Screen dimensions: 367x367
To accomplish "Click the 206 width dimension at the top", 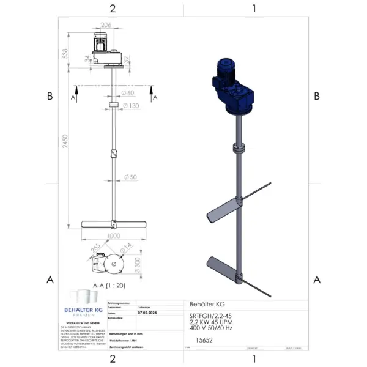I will (x=105, y=24).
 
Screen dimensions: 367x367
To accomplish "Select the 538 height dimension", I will (x=65, y=53).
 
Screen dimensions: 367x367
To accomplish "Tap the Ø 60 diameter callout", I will (x=128, y=93).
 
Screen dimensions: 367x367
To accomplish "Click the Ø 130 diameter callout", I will (x=130, y=106).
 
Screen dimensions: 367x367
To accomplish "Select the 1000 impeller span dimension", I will (x=113, y=235).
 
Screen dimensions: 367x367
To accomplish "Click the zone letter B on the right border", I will (x=316, y=96).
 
